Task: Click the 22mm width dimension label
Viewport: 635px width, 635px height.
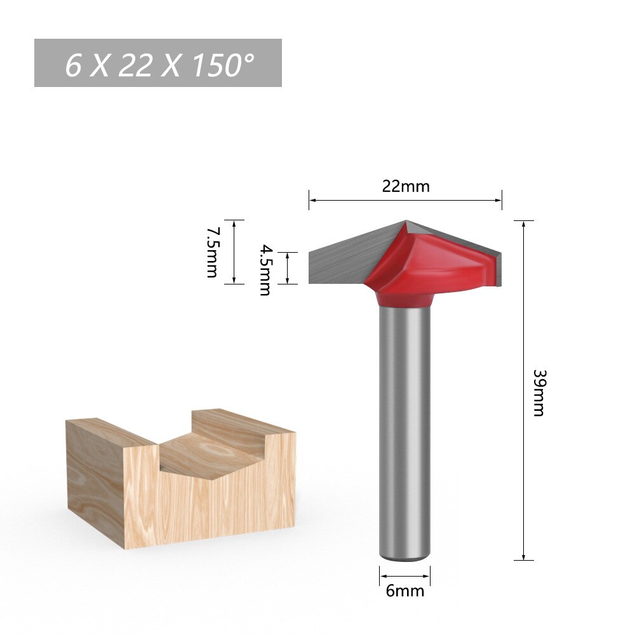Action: [x=406, y=187]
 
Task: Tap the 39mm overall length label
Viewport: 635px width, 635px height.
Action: [x=538, y=392]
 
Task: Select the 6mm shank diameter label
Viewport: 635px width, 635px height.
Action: [x=404, y=591]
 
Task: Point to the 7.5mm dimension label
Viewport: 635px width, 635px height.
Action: [x=211, y=252]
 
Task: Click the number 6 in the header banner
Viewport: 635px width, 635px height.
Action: [x=74, y=65]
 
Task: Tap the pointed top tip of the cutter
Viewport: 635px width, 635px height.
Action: [x=406, y=222]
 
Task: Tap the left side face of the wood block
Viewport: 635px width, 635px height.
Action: [x=95, y=476]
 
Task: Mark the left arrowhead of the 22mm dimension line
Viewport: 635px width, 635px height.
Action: [x=312, y=201]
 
